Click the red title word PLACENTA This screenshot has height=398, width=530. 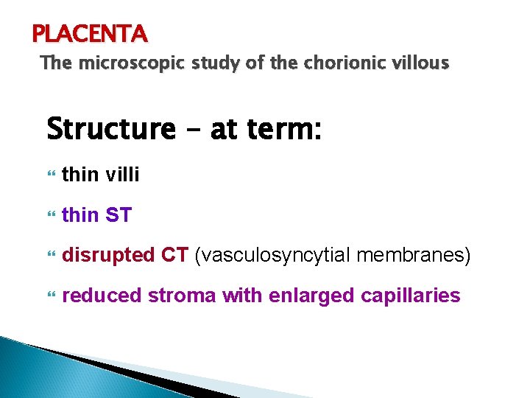point(90,33)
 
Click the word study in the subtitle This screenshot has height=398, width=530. point(202,63)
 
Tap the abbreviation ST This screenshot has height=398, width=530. point(118,215)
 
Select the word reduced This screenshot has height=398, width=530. point(102,296)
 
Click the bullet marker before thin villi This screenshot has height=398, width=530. point(51,175)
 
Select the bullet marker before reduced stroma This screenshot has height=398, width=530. point(51,296)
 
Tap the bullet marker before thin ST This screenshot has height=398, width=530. point(51,216)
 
